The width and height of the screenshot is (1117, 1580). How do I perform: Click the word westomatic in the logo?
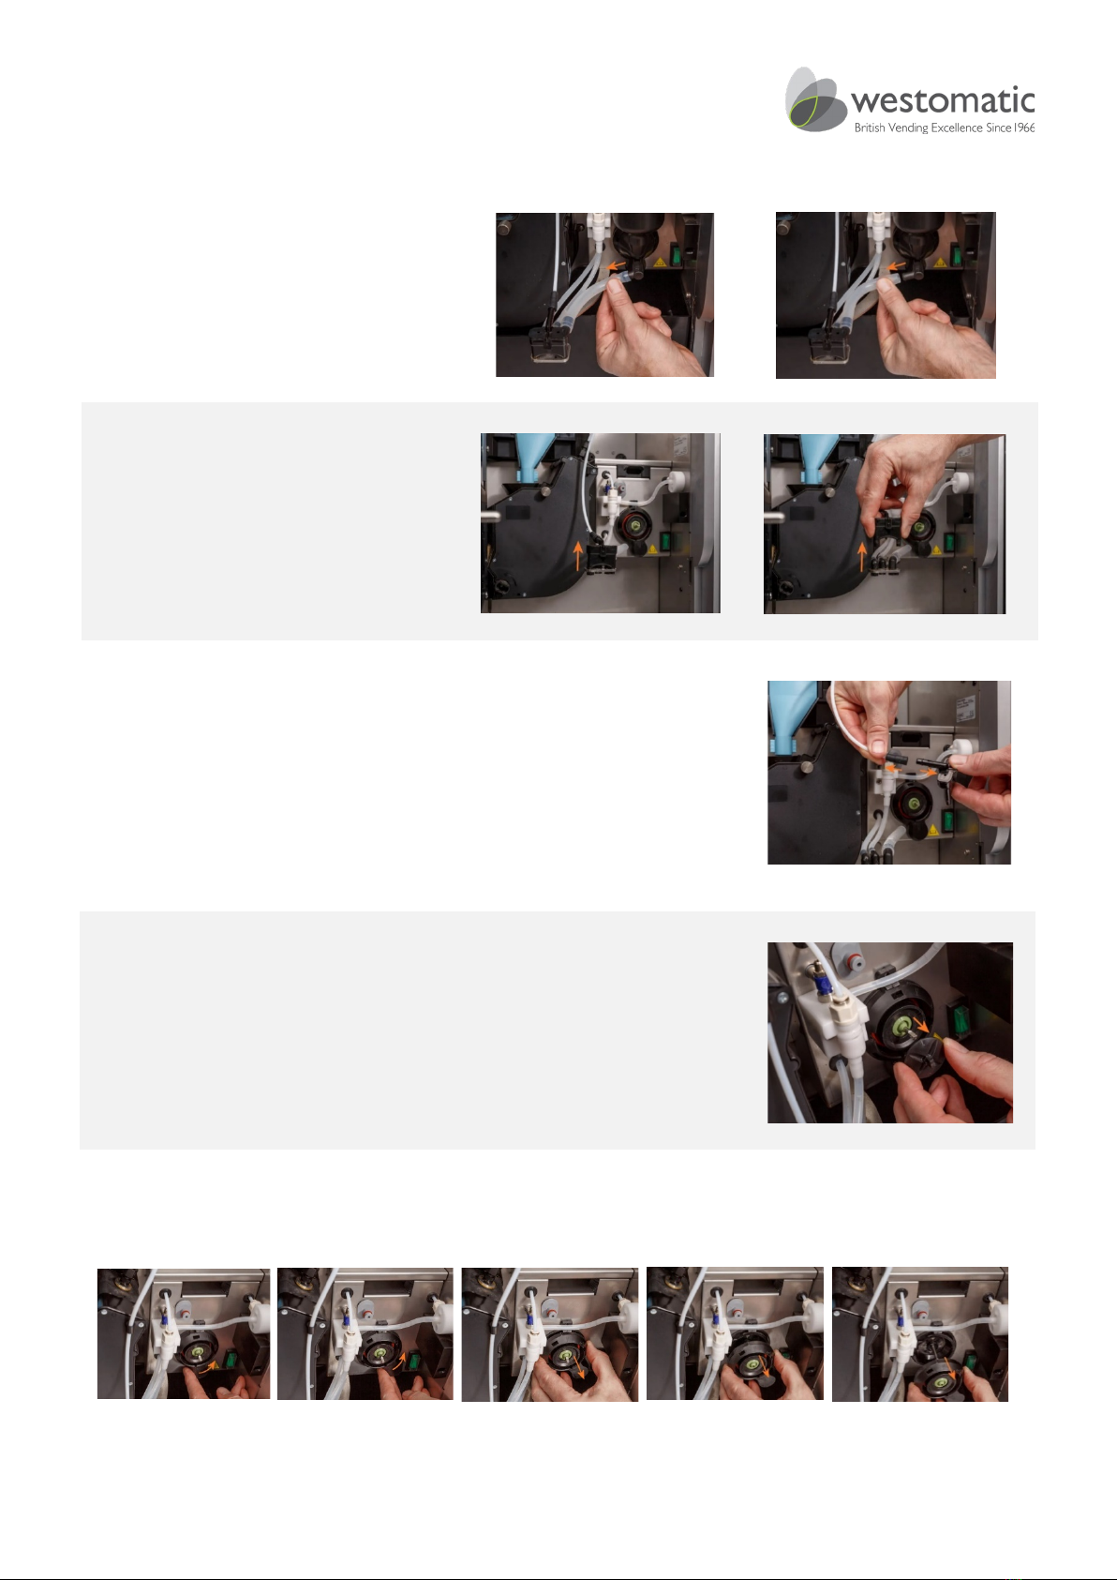click(x=943, y=101)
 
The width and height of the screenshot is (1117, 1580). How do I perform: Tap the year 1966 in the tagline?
click(x=1024, y=128)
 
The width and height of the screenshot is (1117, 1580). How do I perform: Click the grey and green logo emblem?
click(x=814, y=99)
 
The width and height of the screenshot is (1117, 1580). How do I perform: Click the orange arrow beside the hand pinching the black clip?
click(x=861, y=557)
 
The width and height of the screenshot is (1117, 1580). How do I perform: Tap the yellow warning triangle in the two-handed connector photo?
click(x=932, y=830)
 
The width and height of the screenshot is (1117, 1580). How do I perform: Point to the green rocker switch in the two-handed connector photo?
click(x=949, y=820)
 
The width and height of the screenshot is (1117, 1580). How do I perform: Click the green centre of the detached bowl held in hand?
click(x=939, y=1379)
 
